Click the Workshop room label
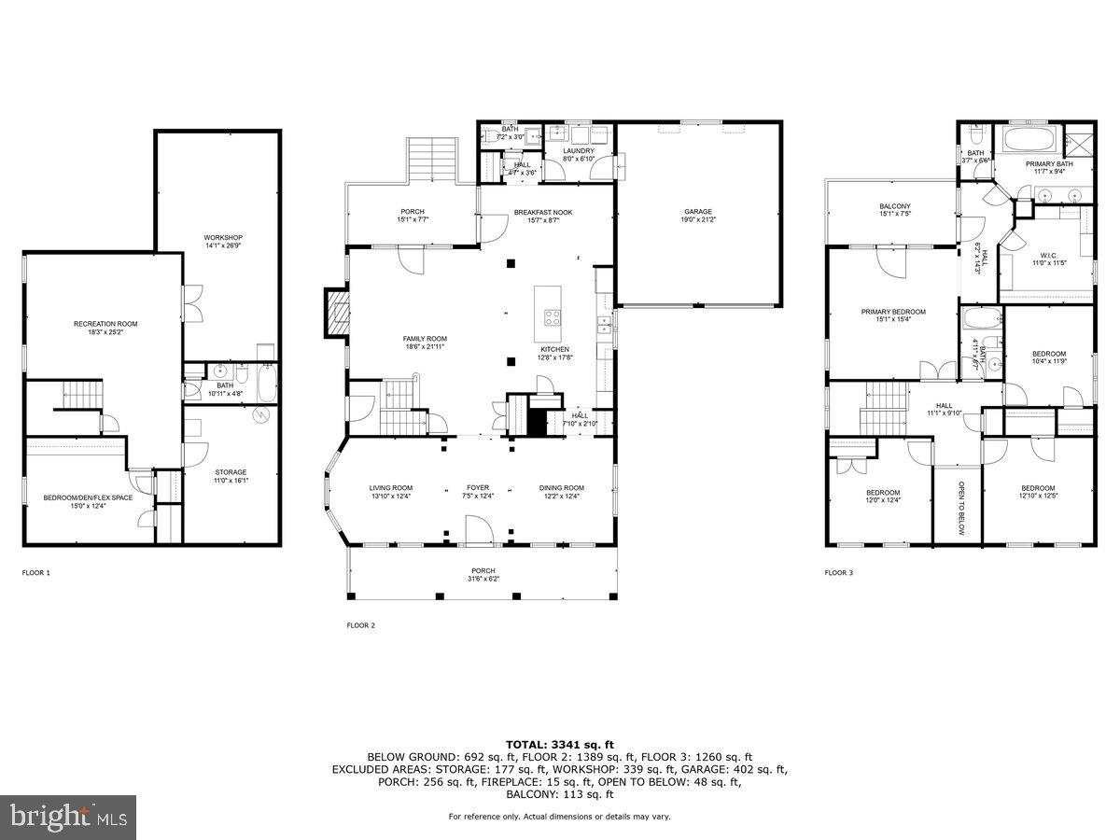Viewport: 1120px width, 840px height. (223, 238)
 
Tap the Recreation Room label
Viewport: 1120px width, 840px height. (105, 324)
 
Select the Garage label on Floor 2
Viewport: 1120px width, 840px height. (697, 212)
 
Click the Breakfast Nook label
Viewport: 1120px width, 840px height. (543, 213)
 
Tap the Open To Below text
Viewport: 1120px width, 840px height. (960, 508)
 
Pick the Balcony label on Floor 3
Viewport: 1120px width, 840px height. (894, 206)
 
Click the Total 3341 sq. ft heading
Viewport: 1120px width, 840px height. (559, 744)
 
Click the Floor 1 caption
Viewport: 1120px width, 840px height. (36, 572)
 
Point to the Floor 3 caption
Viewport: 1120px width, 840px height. (838, 572)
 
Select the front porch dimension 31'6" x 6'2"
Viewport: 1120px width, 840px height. (483, 579)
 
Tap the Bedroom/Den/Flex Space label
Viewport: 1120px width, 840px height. (88, 497)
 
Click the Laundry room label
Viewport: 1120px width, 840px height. (579, 151)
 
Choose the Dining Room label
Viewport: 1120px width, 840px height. (561, 488)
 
